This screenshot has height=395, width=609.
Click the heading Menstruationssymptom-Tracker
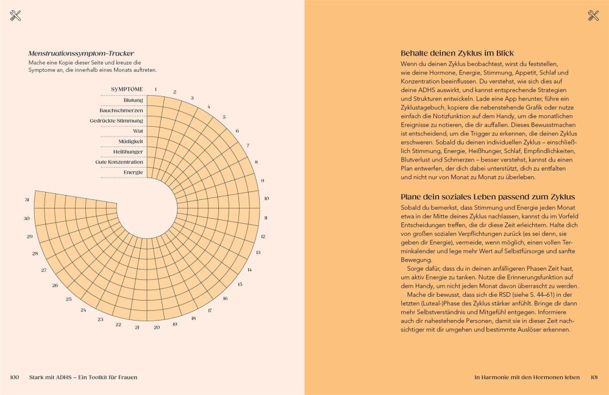(81, 54)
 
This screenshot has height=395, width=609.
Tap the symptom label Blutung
(133, 100)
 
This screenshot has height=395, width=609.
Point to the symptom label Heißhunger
(129, 152)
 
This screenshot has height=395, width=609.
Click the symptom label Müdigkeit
(130, 141)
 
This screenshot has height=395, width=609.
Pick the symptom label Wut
(138, 131)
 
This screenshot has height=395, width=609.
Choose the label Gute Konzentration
(119, 162)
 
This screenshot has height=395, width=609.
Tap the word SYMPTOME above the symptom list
(127, 90)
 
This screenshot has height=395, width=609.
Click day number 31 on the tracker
(27, 200)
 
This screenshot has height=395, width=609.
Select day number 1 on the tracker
(155, 89)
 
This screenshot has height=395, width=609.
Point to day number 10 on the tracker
(266, 199)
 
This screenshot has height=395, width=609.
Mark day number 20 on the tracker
(157, 327)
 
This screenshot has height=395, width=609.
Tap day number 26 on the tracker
(55, 285)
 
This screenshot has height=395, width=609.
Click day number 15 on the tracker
(240, 284)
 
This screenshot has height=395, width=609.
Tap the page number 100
(15, 377)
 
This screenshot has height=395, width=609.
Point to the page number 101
(594, 377)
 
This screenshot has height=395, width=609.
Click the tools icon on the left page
(15, 16)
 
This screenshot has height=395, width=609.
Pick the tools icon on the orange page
(593, 16)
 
